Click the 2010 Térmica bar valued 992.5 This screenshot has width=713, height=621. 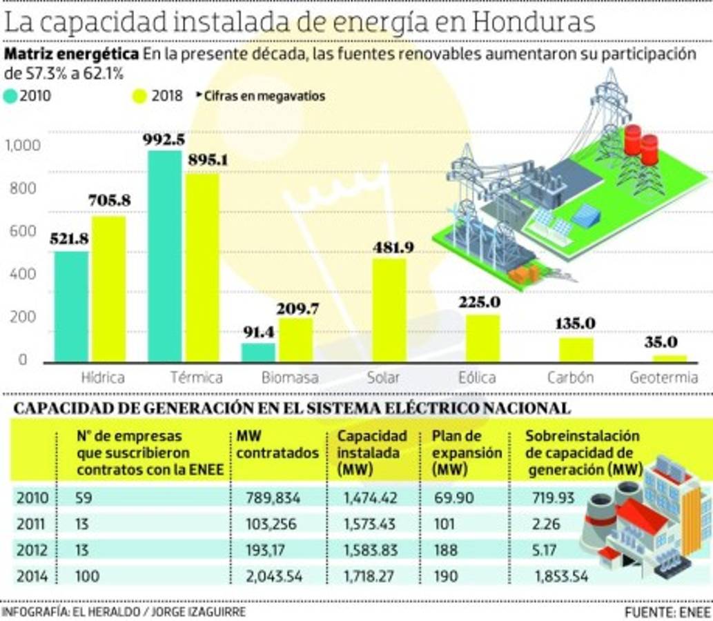pyautogui.click(x=166, y=256)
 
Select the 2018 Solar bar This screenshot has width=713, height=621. pyautogui.click(x=389, y=310)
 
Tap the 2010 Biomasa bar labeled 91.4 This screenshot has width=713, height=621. pyautogui.click(x=258, y=353)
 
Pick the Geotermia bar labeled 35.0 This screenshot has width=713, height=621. pyautogui.click(x=670, y=359)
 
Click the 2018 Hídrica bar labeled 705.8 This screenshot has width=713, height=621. pyautogui.click(x=109, y=289)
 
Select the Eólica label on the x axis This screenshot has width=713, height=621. pyautogui.click(x=477, y=377)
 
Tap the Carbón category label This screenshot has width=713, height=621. pyautogui.click(x=570, y=377)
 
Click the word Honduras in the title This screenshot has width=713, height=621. pyautogui.click(x=534, y=22)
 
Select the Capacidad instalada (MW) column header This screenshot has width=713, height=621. pyautogui.click(x=372, y=453)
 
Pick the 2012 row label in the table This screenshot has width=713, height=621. pyautogui.click(x=32, y=550)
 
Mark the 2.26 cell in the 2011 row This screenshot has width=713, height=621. pyautogui.click(x=546, y=524)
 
